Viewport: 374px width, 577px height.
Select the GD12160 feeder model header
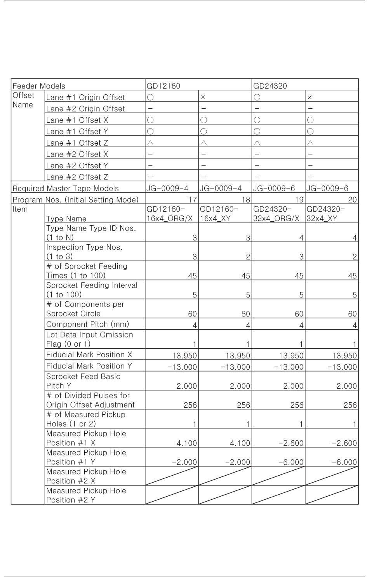(x=163, y=86)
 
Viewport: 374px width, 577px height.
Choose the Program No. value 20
(x=352, y=200)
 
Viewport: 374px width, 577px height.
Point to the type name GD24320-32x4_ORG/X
(x=276, y=214)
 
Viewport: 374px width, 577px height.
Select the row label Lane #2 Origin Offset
(x=85, y=109)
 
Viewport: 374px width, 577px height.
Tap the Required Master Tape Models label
(x=66, y=188)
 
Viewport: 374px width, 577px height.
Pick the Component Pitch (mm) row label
(x=87, y=324)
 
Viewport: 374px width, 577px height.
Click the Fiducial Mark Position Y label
(x=89, y=366)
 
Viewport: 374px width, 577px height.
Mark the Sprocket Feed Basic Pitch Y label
(x=83, y=381)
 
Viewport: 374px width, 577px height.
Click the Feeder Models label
(x=39, y=86)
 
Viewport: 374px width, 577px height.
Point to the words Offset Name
(x=23, y=100)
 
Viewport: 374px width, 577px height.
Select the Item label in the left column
(x=20, y=209)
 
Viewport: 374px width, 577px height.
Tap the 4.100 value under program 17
(x=187, y=443)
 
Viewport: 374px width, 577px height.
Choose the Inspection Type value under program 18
(x=248, y=257)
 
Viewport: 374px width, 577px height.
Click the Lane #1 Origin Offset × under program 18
(x=203, y=97)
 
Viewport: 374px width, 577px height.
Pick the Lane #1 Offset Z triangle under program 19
(x=257, y=143)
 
